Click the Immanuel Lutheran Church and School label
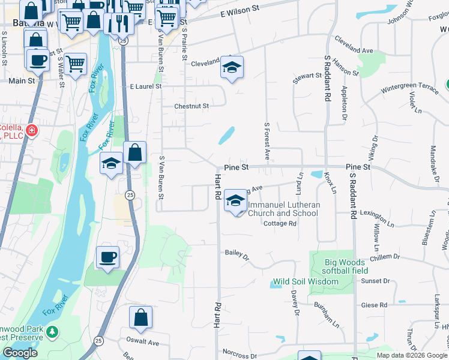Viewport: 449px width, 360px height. coord(284,209)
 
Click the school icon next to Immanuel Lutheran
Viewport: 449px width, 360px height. coord(235,200)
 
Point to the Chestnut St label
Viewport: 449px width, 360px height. coord(191,106)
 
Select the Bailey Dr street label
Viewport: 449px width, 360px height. coord(237,254)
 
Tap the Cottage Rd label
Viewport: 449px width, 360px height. coord(280,223)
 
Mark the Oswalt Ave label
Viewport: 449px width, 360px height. coord(142,343)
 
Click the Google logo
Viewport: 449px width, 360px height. coord(20,353)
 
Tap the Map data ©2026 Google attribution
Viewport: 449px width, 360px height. coord(412,355)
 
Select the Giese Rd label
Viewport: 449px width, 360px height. coord(373,305)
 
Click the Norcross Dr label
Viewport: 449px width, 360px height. coord(239,356)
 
